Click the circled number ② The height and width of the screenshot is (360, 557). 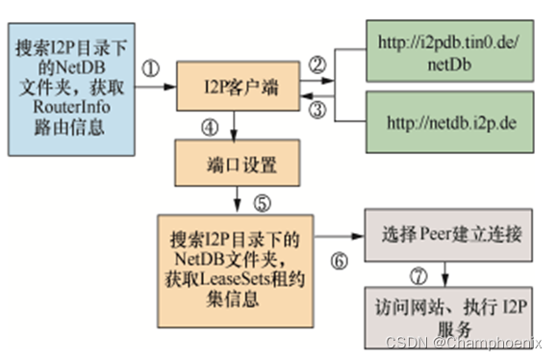click(317, 64)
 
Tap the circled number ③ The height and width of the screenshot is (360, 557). click(318, 110)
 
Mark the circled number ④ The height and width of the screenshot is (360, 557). click(209, 127)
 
